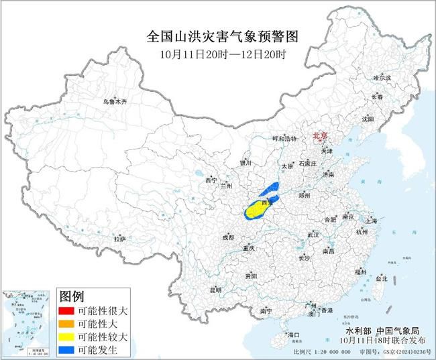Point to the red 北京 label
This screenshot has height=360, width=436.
click(x=321, y=136)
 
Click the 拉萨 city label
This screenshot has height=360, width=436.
click(x=119, y=239)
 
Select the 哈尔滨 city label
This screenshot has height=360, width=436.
click(x=382, y=78)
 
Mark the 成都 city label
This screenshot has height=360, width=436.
click(x=227, y=237)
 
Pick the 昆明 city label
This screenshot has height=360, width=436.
click(x=215, y=290)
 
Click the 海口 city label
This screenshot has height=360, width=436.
click(x=292, y=333)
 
